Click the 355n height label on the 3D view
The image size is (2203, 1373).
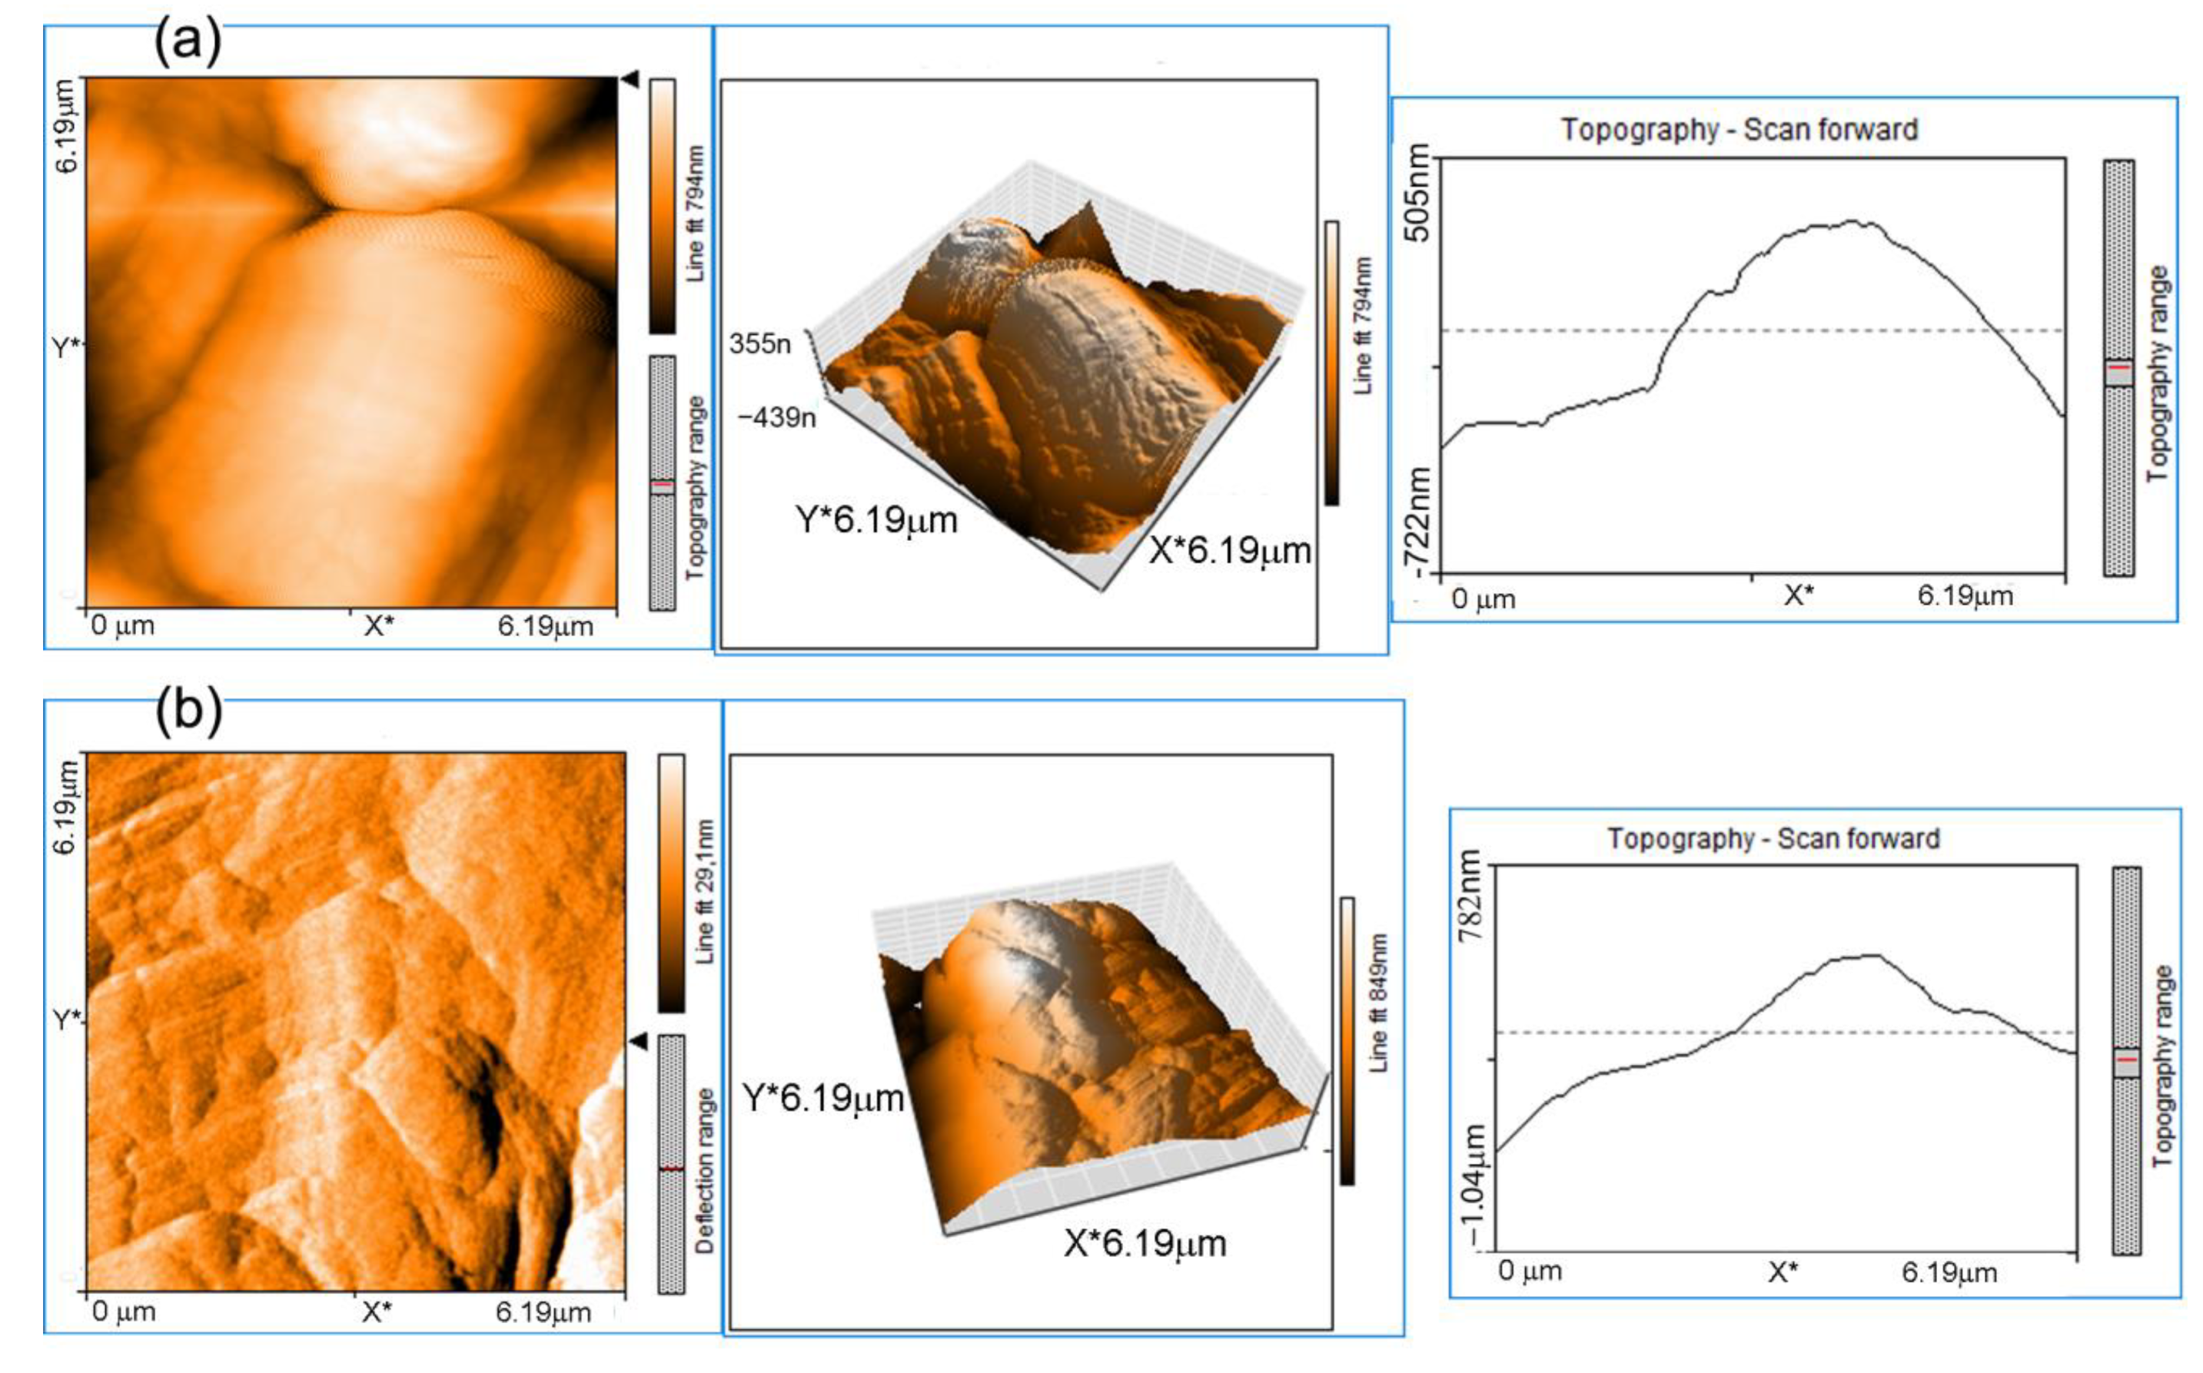pos(759,344)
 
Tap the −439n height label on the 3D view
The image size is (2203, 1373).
pos(776,418)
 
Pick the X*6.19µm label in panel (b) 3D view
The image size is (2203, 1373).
pos(1145,1243)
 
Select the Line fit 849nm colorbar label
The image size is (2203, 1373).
pos(1378,1002)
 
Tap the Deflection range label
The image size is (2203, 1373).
pos(705,1170)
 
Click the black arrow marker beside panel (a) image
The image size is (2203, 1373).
pos(630,81)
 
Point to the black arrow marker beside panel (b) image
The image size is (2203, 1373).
pos(639,1042)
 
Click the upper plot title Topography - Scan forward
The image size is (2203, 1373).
pos(1739,130)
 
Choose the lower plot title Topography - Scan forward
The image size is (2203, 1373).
pos(1773,838)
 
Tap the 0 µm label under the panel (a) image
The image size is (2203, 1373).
pos(123,625)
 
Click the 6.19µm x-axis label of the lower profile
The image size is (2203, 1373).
pos(1949,1273)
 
